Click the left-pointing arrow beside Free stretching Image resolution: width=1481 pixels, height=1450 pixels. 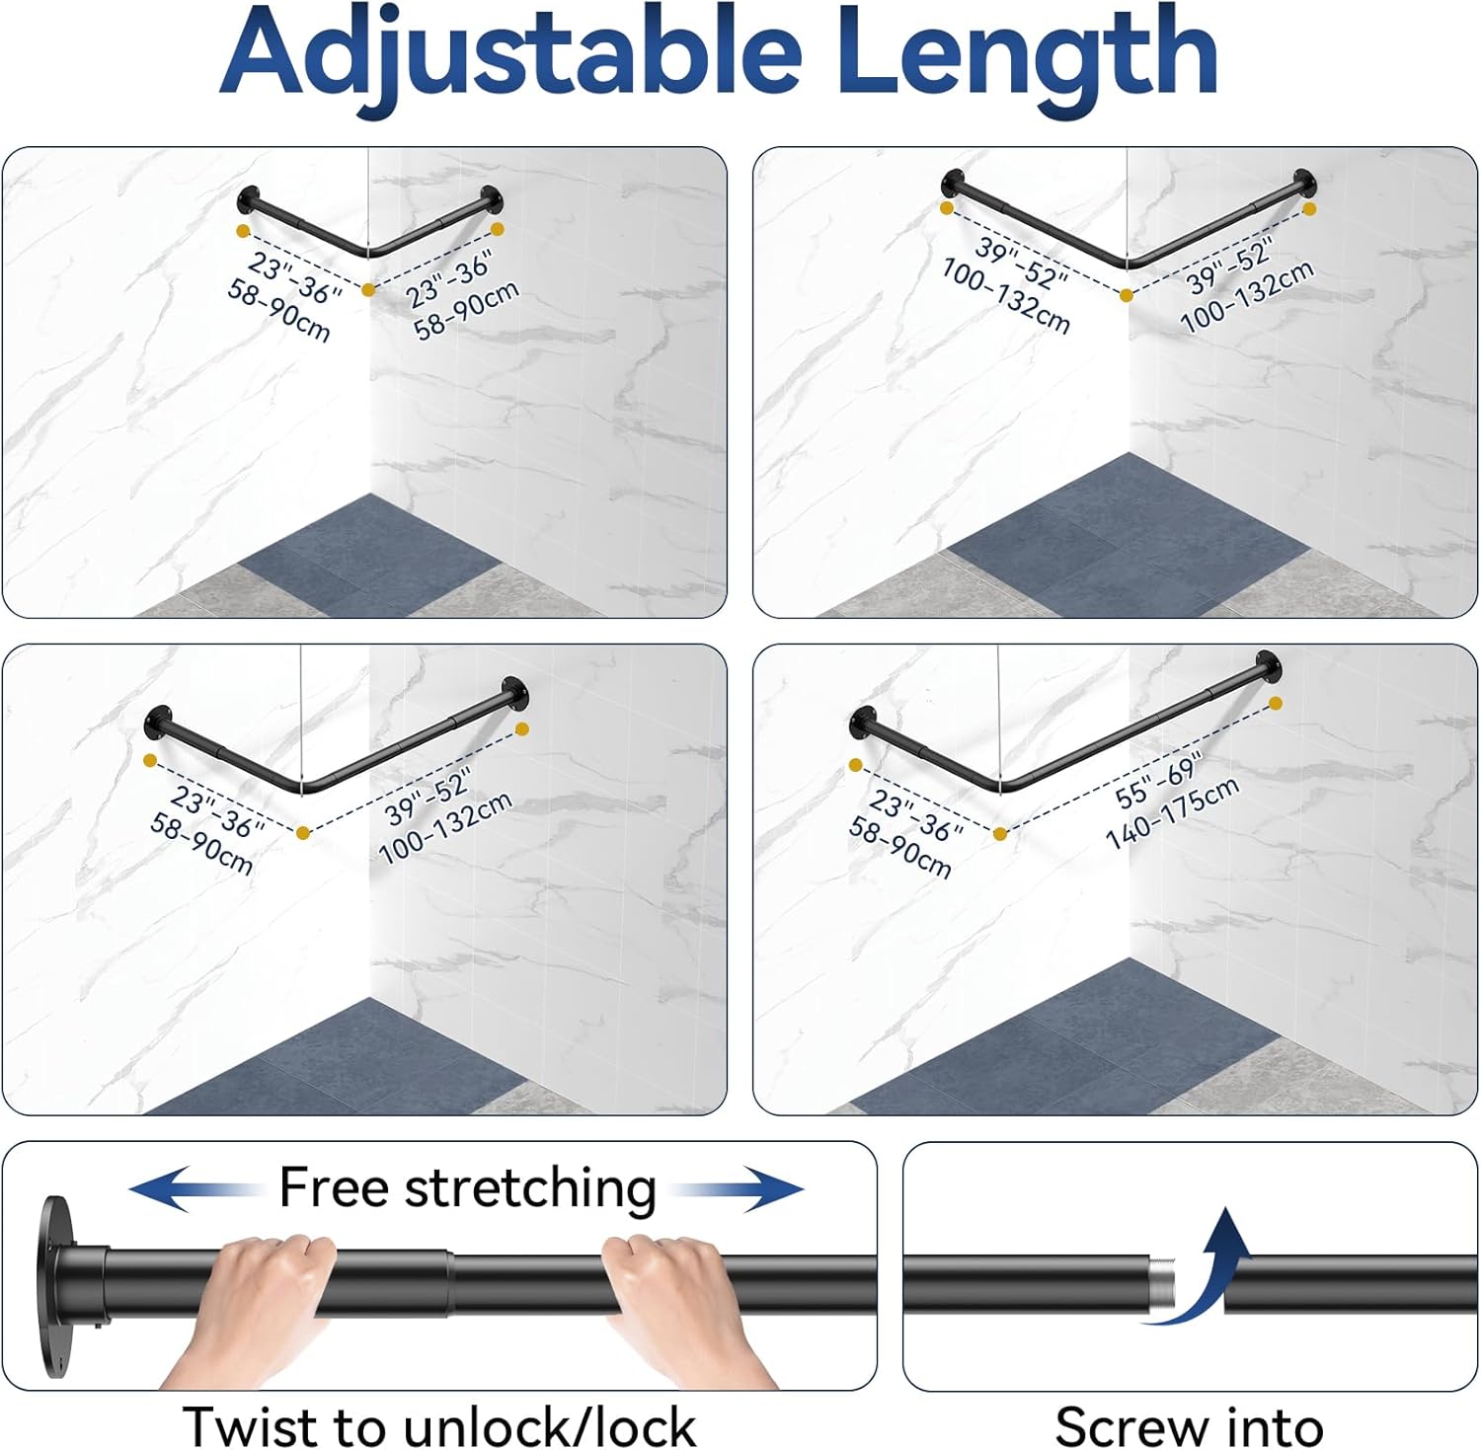(194, 1188)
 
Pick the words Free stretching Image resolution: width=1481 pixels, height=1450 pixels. (467, 1187)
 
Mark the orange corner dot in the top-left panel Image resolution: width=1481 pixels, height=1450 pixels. (368, 289)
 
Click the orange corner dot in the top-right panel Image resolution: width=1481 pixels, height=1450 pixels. (1127, 294)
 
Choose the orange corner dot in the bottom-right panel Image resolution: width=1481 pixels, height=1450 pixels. (1000, 834)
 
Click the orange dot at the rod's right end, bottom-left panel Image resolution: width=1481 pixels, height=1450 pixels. (522, 728)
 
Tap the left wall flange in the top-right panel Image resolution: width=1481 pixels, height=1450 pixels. (952, 183)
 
